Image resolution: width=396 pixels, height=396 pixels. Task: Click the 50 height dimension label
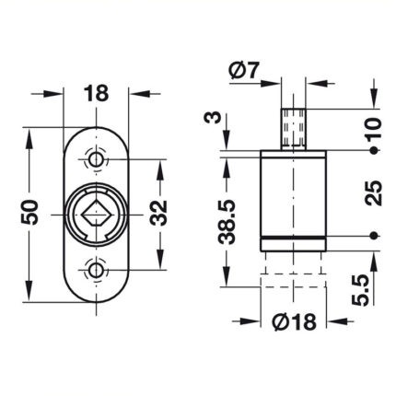(x=29, y=212)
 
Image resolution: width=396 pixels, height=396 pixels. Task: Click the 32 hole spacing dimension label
(x=158, y=213)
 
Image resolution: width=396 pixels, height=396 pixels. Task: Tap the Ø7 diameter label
(x=244, y=70)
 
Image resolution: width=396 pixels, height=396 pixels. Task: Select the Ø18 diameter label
(x=294, y=321)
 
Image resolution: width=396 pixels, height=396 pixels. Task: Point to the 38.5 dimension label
(x=227, y=222)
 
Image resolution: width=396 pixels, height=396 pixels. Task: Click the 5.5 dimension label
(x=360, y=290)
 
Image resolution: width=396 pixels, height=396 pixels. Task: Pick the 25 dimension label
(x=373, y=193)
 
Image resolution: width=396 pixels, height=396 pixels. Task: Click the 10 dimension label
(x=373, y=128)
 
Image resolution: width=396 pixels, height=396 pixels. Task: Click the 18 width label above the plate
(x=96, y=93)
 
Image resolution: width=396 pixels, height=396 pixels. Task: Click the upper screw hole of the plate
(x=96, y=159)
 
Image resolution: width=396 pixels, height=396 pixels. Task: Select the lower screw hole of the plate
(x=96, y=271)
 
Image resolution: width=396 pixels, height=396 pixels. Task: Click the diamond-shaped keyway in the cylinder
(x=97, y=213)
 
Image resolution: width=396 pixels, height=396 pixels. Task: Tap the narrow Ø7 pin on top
(x=294, y=129)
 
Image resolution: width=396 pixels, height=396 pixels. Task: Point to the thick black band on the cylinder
(x=293, y=238)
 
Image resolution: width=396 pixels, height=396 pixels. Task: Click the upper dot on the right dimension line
(x=373, y=150)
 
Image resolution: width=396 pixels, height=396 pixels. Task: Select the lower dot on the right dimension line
(x=373, y=236)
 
